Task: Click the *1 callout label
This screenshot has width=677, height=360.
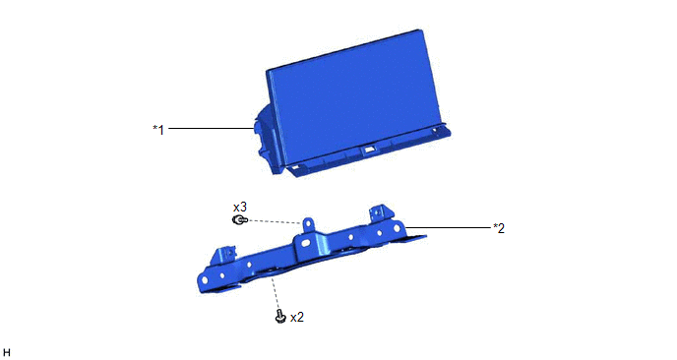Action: tap(158, 130)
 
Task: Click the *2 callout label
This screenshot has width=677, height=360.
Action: tap(499, 228)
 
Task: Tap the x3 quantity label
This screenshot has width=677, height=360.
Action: tap(240, 207)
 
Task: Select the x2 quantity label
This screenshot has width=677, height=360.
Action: tap(297, 318)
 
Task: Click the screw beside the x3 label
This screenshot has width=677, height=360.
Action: tap(239, 220)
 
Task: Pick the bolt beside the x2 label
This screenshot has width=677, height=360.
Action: tap(280, 317)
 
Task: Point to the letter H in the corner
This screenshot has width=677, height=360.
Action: tap(7, 353)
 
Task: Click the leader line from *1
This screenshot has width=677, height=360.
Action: tap(211, 128)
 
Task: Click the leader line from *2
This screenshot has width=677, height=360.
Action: tap(449, 227)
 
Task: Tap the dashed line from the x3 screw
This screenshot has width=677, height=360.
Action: tap(275, 222)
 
